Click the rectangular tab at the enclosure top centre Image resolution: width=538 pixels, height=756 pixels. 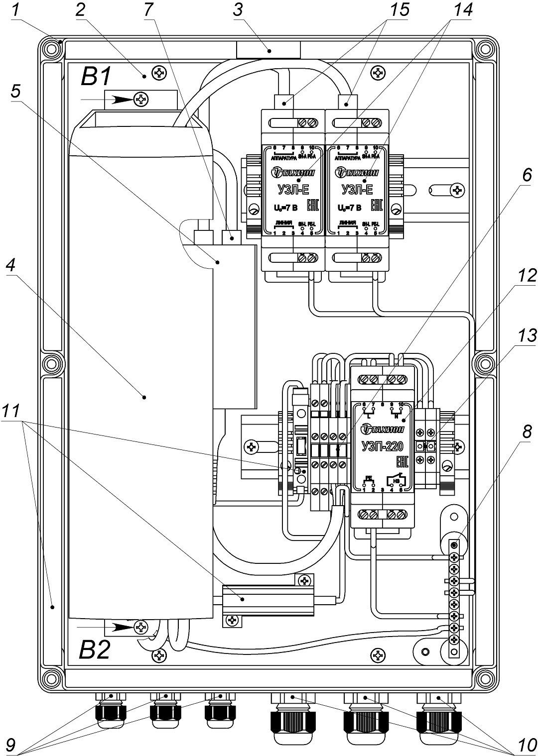pos(269,50)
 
